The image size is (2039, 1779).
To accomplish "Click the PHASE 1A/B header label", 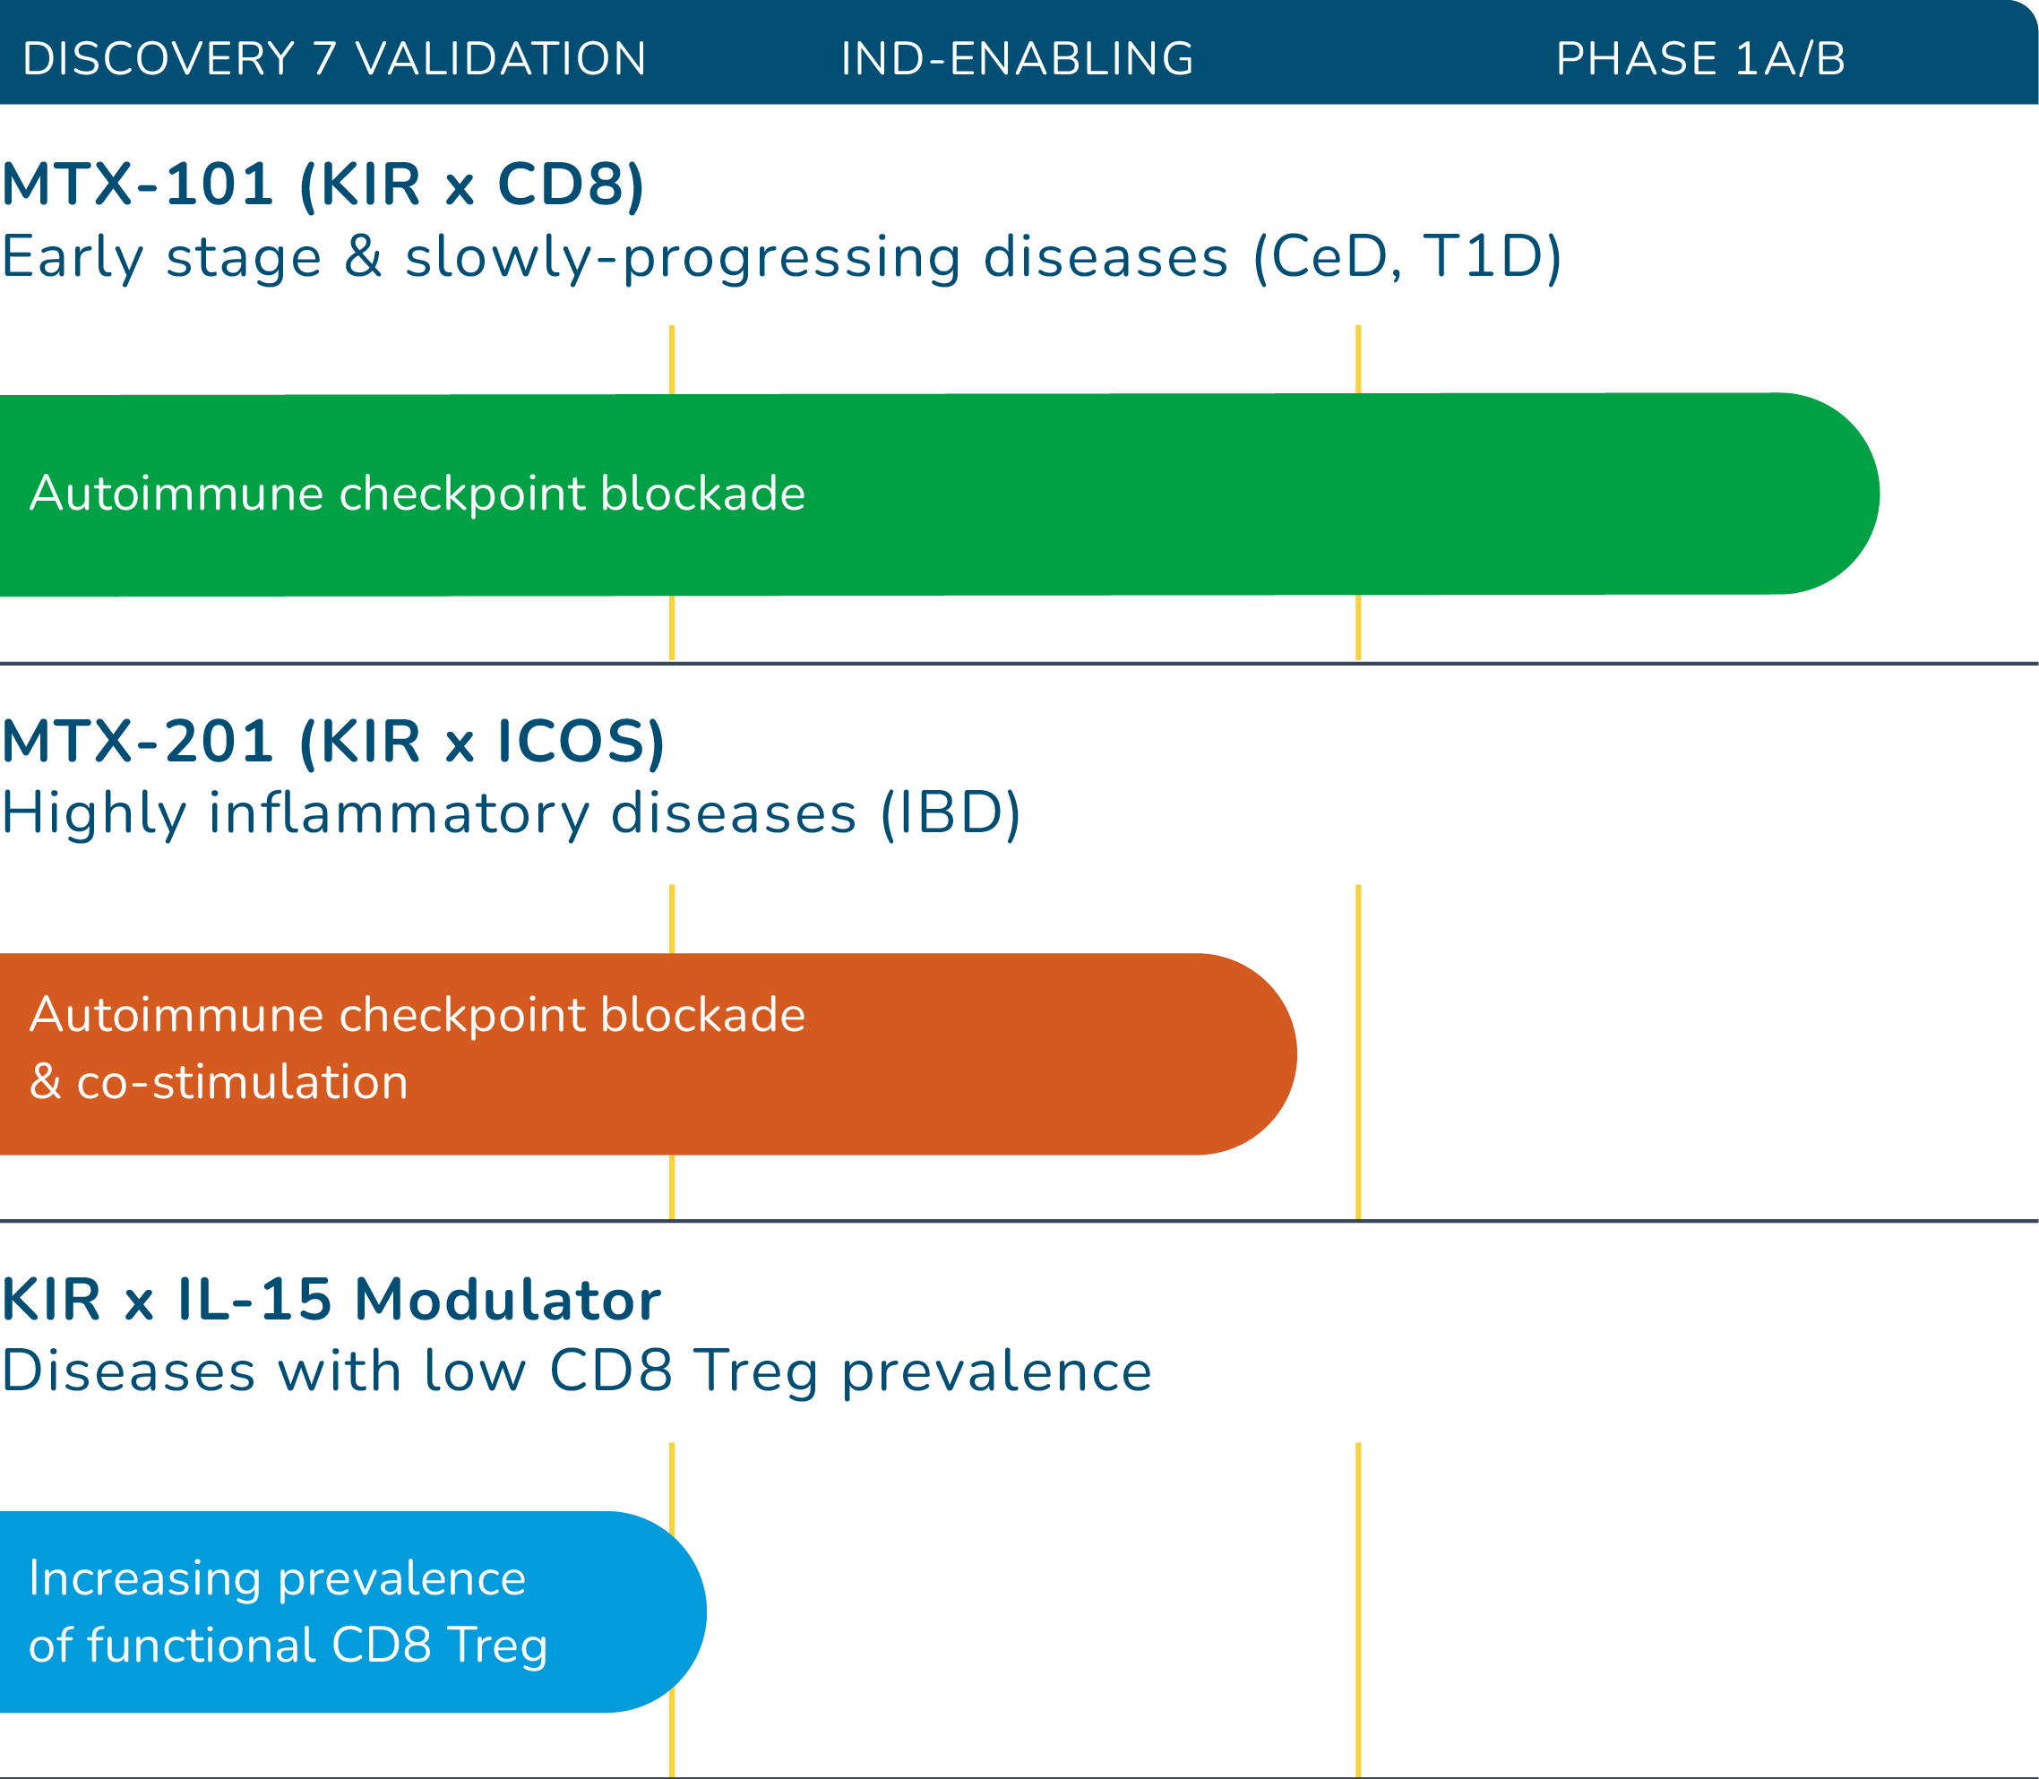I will (x=1699, y=58).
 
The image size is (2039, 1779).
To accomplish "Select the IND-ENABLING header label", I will (x=1018, y=58).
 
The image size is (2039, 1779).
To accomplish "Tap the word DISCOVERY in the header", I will (x=159, y=58).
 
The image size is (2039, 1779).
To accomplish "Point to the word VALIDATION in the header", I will (x=502, y=58).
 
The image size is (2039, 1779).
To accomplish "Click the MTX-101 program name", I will (x=138, y=185).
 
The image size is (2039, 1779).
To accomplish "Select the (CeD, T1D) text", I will (x=1407, y=258).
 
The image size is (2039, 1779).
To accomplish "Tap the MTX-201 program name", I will (x=138, y=742).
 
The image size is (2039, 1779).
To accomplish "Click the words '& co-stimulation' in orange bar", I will (x=219, y=1082).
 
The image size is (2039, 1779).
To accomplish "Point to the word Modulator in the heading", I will (x=507, y=1300).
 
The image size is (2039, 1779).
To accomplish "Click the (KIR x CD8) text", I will (x=471, y=185).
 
